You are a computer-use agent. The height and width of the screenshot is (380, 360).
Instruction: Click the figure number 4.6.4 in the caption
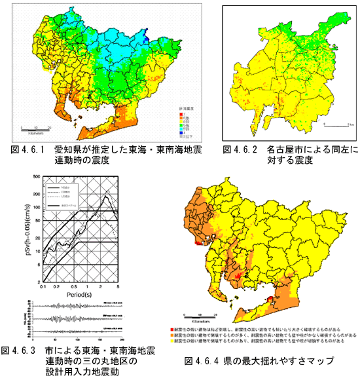pyautogui.click(x=209, y=359)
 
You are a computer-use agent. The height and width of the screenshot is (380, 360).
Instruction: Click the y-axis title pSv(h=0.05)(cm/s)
pyautogui.click(x=33, y=229)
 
